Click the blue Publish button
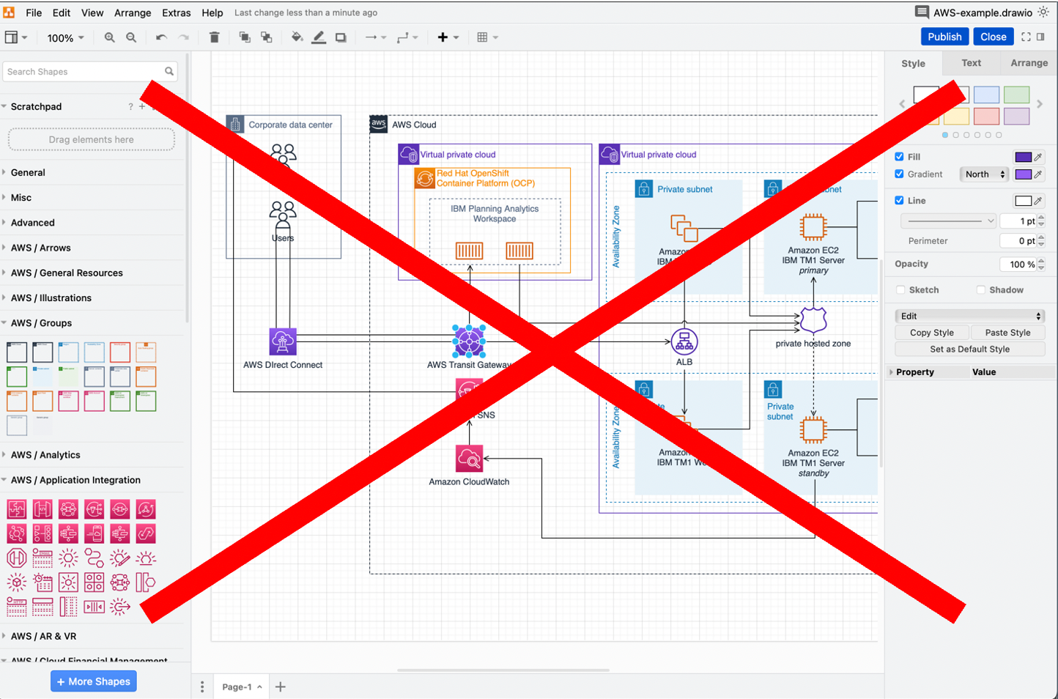point(944,37)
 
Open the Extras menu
point(176,12)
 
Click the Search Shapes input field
point(84,72)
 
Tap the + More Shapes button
point(94,681)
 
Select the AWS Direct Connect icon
point(283,341)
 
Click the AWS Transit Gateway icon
point(469,340)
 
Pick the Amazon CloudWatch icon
point(469,459)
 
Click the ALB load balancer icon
point(684,341)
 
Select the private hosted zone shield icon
point(813,320)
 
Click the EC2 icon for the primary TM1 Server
point(813,227)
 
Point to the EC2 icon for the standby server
point(813,430)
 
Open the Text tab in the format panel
point(971,63)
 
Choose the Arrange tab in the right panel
point(1029,63)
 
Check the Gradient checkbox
point(899,174)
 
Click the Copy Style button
point(931,333)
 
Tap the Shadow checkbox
point(980,290)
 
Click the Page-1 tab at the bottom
point(237,687)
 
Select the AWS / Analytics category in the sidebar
point(45,455)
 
